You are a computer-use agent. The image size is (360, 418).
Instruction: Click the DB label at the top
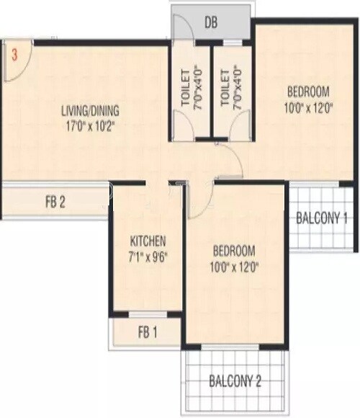click(x=211, y=22)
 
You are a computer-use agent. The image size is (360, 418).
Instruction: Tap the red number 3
click(x=14, y=53)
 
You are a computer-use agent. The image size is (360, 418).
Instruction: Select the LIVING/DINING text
click(x=90, y=111)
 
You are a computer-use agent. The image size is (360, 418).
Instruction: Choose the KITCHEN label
click(x=148, y=241)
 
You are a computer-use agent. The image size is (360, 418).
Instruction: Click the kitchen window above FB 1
click(x=148, y=314)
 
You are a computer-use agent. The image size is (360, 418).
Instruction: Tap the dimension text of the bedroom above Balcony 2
click(x=234, y=266)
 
